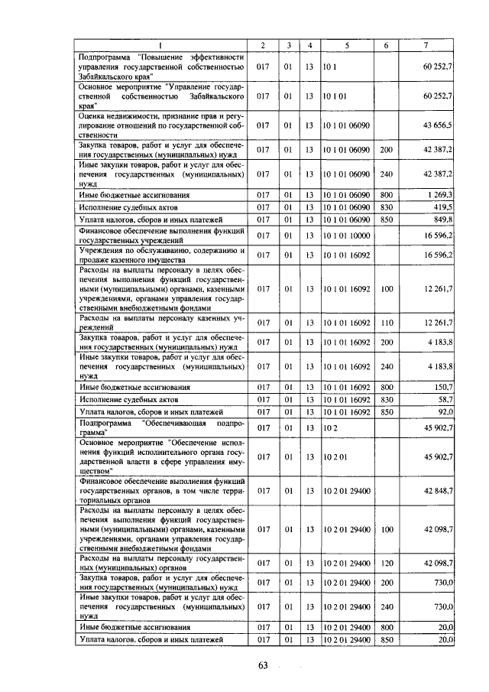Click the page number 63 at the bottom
[x=264, y=664]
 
